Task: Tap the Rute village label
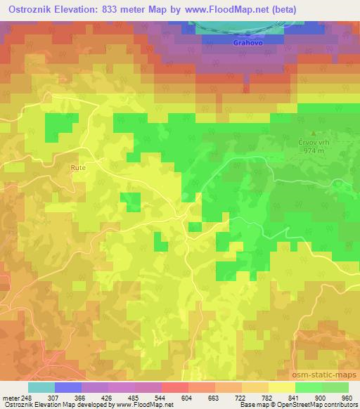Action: click(77, 167)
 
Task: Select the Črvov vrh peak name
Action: click(314, 141)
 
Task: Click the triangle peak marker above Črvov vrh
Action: click(314, 132)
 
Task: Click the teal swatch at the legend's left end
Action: click(41, 387)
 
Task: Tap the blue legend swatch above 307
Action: click(68, 387)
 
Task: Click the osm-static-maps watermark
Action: click(326, 377)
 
